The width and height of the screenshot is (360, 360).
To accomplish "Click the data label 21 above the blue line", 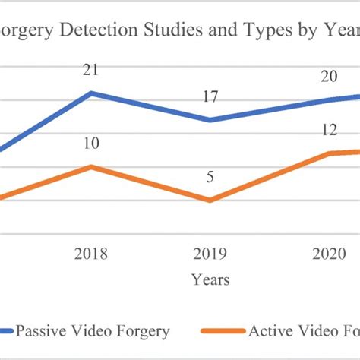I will pos(91,70).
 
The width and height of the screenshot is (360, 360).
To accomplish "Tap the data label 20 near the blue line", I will pos(329,76).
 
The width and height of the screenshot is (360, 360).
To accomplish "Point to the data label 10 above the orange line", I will pos(91,144).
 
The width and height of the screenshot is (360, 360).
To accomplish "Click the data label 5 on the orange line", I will pos(210,177).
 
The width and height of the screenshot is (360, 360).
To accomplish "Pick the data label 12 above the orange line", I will pos(329,130).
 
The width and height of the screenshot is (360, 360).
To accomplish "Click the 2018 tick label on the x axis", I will pos(91,254).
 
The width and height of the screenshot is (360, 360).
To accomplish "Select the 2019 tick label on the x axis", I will pos(210,254).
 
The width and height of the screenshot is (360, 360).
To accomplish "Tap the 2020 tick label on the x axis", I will pos(329,254).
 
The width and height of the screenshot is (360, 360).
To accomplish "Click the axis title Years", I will pos(210,280).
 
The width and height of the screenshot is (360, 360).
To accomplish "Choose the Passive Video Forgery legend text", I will pos(93,330).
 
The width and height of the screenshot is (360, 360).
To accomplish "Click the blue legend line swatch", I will pos(8,331).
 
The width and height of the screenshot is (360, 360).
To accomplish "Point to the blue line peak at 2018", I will pos(91,93).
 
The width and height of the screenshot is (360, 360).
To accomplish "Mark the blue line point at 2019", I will pos(210,120).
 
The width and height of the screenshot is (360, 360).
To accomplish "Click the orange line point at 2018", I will pos(91,166).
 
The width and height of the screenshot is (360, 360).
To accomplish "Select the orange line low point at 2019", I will pos(210,200).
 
